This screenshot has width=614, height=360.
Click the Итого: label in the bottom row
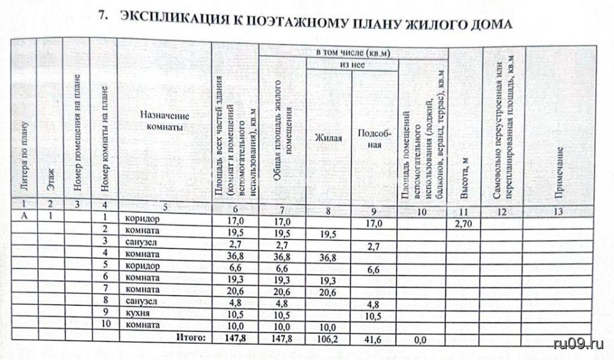pos(191,338)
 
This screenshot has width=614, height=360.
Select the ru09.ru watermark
pos(580,343)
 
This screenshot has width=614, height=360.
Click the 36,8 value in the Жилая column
pos(327,259)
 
